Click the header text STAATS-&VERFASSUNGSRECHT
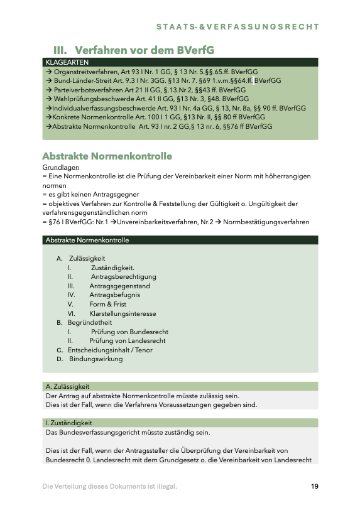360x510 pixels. [x=237, y=27]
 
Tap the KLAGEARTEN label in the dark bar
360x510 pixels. [x=67, y=63]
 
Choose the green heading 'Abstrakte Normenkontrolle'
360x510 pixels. [x=107, y=156]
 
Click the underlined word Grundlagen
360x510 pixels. [x=60, y=168]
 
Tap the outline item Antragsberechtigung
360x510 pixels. [x=123, y=276]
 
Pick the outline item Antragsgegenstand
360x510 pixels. [x=119, y=286]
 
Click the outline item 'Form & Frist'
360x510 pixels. [x=107, y=304]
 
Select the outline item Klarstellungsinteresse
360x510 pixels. [x=123, y=313]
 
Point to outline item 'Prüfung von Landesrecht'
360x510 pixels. [x=127, y=340]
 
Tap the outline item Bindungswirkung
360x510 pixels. [x=95, y=359]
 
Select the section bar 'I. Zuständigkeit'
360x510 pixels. [x=69, y=423]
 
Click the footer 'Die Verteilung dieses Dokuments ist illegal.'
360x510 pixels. [x=109, y=486]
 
